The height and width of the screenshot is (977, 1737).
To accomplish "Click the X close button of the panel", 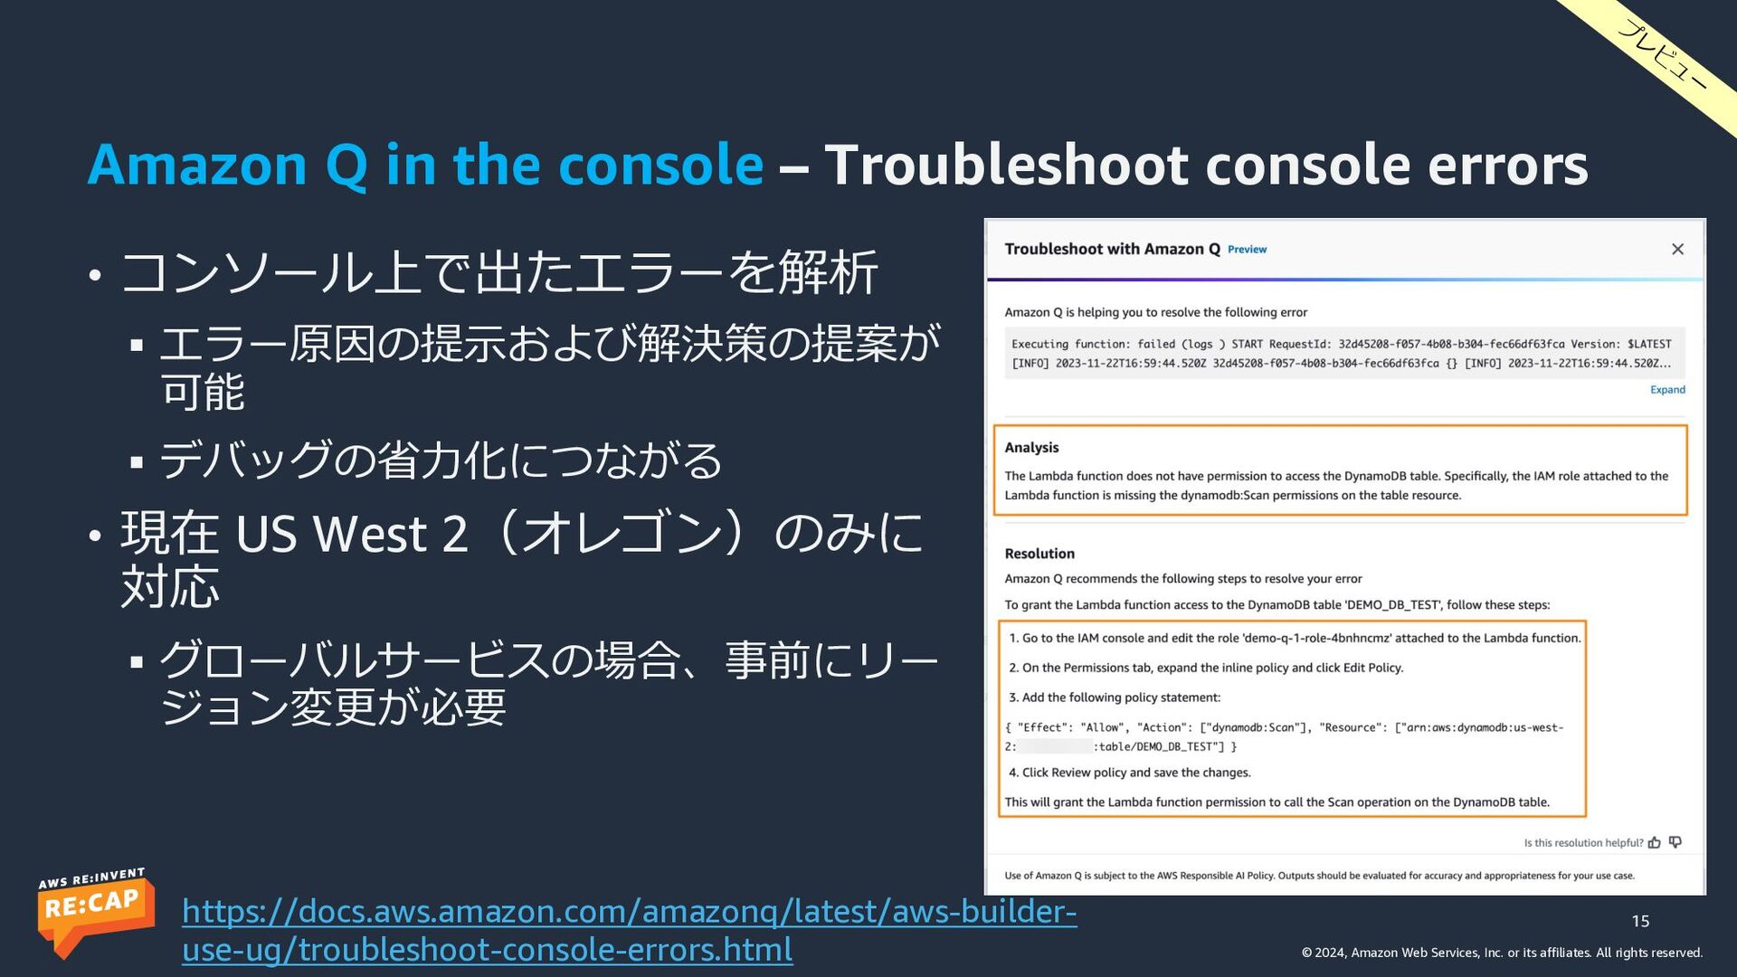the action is coord(1677,249).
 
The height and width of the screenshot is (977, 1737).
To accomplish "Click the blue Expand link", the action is coord(1667,390).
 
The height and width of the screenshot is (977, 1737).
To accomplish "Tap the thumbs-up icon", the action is coord(1655,842).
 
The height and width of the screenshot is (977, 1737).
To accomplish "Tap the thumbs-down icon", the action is coord(1675,842).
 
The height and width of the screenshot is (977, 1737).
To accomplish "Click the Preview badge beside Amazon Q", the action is coord(1247,250).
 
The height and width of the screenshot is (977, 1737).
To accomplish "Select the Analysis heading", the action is coord(1031,448).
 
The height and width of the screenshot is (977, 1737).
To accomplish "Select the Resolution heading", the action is coord(1039,554).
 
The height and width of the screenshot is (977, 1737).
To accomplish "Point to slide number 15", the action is coord(1640,921).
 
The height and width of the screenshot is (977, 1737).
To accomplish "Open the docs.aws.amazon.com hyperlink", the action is coord(630,930).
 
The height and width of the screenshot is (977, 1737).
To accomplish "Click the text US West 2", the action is coord(352,533).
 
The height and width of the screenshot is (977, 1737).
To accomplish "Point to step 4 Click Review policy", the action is coord(1130,773).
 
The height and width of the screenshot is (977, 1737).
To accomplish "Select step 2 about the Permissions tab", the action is coord(1206,668).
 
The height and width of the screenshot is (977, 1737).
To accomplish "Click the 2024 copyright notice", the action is coord(1502,953).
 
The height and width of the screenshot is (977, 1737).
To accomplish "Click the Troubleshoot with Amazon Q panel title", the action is coord(1112,249).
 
